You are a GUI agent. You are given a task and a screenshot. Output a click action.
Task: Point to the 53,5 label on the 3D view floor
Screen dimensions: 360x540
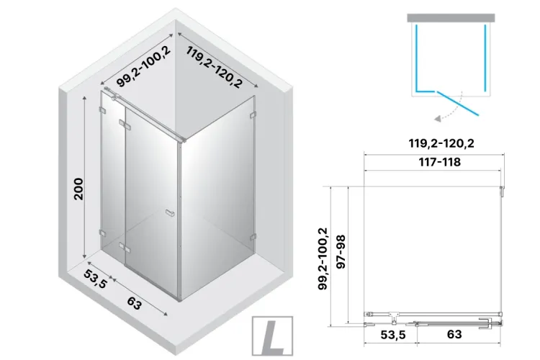tap(95, 279)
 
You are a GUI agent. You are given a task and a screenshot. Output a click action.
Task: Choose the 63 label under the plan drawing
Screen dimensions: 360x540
tap(454, 334)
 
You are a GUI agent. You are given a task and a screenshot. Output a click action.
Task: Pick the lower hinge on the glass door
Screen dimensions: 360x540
tap(123, 248)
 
